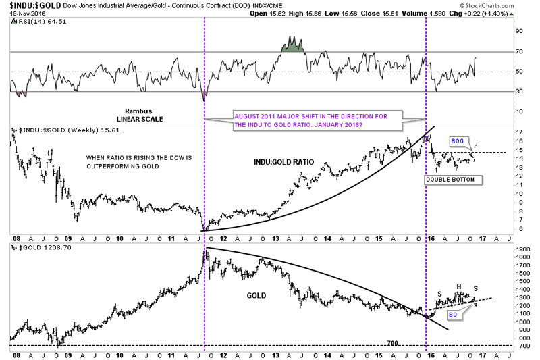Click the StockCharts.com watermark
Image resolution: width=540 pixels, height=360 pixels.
pos(500,7)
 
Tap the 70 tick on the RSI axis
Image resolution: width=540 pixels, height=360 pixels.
pos(519,51)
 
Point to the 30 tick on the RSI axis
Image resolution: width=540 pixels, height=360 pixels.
pos(519,92)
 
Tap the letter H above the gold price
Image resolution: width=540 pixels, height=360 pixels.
pos(458,286)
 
